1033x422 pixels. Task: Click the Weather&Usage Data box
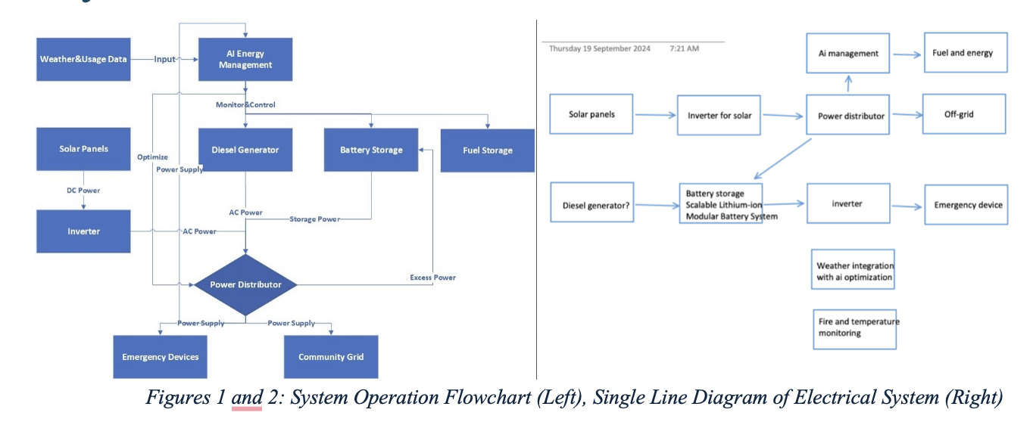[83, 59]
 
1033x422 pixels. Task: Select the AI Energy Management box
[245, 59]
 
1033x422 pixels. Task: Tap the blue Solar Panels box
[83, 149]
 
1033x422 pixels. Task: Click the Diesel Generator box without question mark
[245, 150]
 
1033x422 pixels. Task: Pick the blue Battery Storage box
[370, 150]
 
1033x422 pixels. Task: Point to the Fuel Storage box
[487, 150]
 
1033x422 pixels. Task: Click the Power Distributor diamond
[245, 285]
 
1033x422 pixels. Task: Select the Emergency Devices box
[160, 356]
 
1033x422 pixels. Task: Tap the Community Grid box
[330, 356]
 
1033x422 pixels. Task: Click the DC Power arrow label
[83, 191]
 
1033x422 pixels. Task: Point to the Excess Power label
[432, 278]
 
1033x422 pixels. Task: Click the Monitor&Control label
[245, 104]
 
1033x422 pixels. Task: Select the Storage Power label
[314, 219]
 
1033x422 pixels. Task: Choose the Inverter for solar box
[719, 116]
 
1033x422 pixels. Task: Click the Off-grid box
[964, 114]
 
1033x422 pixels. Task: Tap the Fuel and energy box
[966, 53]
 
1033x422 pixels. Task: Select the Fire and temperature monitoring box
[854, 327]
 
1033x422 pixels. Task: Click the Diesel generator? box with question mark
[591, 204]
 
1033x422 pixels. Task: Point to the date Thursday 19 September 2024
[599, 48]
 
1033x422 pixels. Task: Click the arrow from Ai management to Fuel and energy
[906, 54]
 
